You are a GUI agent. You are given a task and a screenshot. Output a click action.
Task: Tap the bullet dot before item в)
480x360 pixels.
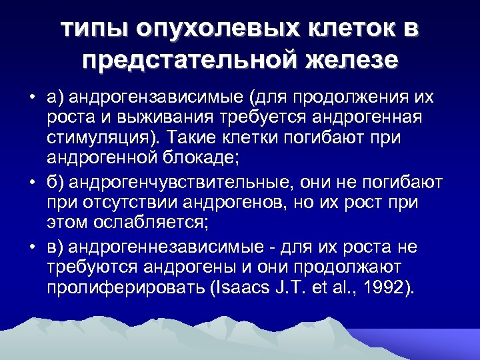32,248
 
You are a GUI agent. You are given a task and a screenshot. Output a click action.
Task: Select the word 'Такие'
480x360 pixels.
193,141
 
